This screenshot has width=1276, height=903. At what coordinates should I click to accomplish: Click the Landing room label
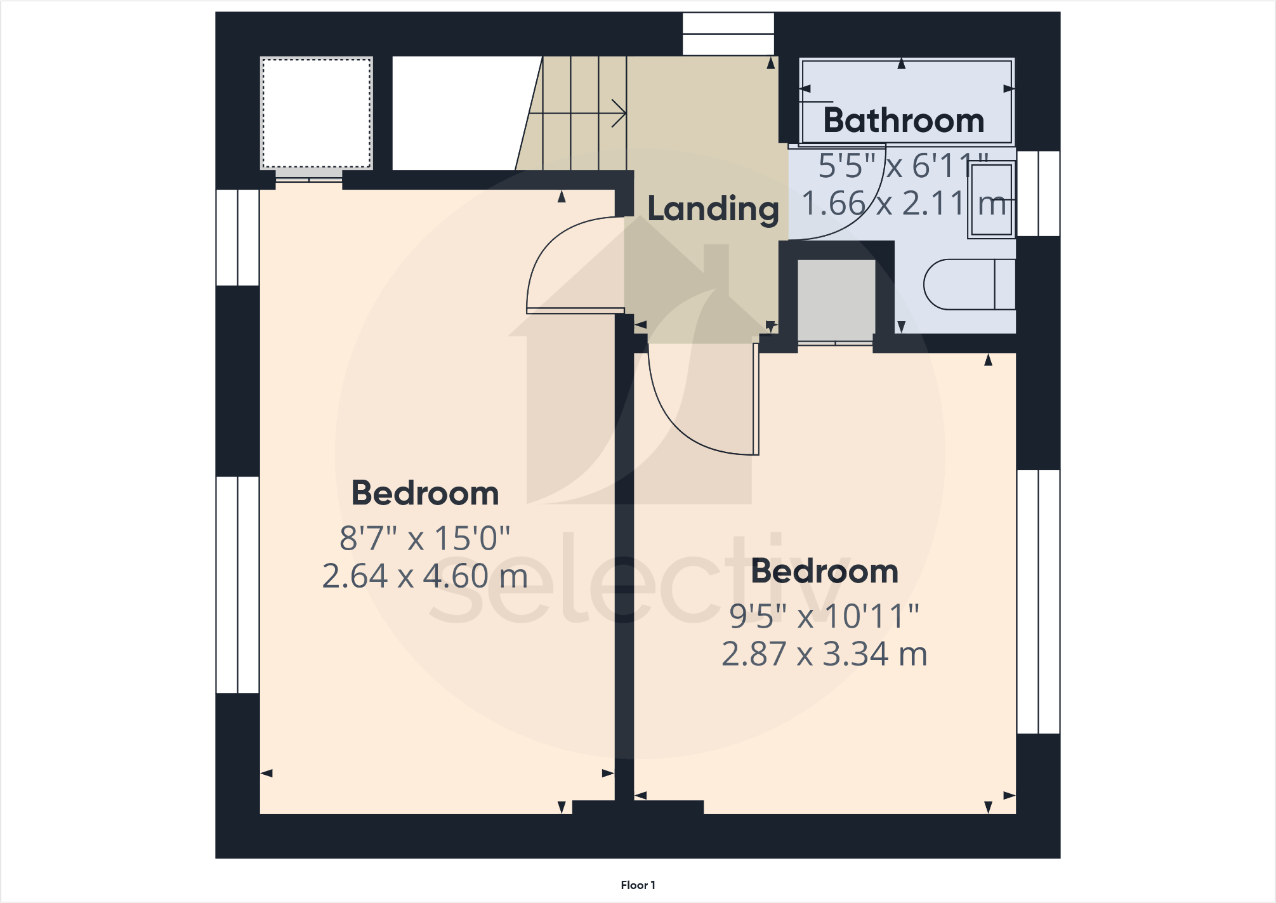point(713,209)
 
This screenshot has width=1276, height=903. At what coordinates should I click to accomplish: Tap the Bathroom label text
point(904,121)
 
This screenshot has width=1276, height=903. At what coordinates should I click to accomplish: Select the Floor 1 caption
point(638,885)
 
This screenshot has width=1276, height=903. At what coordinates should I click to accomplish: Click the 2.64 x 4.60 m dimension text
point(424,576)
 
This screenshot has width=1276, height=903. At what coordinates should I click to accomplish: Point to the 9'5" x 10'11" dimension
point(824,616)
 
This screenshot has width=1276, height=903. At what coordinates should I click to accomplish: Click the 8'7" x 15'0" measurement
point(424,538)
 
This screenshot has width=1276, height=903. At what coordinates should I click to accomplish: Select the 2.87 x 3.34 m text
point(824,654)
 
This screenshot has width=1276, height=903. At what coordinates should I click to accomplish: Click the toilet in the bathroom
point(968,284)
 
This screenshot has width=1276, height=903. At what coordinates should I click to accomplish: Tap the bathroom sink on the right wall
point(991,199)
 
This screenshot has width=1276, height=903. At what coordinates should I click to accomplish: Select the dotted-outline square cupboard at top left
point(317,114)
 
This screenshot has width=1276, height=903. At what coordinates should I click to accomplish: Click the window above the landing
point(728,34)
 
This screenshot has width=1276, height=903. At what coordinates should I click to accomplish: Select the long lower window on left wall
point(238,584)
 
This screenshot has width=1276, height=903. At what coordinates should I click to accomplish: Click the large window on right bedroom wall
point(1038,602)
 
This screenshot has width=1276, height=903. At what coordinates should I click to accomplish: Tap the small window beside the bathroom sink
point(1038,194)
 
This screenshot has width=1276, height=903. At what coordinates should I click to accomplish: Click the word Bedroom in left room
point(424,494)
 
